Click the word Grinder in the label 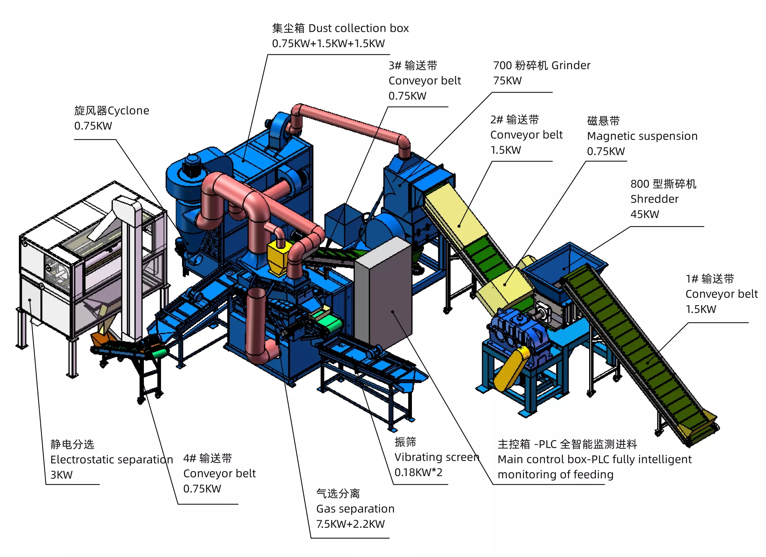point(571,66)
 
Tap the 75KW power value point(507,81)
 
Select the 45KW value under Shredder point(645,214)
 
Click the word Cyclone point(128,111)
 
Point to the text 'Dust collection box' point(359,28)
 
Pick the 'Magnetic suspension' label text point(642,136)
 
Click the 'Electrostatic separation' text point(112,460)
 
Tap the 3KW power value point(62,475)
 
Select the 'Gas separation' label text point(355,509)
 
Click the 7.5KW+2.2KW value point(350,524)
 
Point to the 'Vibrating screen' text point(437,457)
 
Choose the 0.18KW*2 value point(418,473)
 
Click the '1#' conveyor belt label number point(692,279)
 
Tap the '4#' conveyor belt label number point(189,458)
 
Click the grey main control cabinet point(383,293)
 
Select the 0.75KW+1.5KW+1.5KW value point(328,44)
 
